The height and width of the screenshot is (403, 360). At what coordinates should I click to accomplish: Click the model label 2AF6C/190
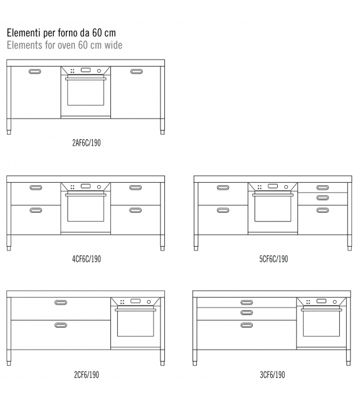86,142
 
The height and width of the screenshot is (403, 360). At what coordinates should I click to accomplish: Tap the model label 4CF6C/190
86,259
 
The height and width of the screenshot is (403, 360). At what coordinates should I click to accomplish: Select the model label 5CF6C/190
273,259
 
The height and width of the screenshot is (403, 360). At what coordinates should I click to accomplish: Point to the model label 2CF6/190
86,375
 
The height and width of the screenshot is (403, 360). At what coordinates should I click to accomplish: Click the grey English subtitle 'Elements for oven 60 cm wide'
64,45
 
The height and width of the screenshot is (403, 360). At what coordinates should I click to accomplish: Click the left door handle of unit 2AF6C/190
36,72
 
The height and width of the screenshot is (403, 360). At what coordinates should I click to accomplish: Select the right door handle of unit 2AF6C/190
136,72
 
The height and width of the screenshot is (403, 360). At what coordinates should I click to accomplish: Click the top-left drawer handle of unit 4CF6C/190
36,187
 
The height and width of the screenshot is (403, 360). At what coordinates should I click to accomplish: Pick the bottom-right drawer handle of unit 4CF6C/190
136,210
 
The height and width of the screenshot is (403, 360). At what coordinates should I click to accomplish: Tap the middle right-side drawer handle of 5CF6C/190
322,198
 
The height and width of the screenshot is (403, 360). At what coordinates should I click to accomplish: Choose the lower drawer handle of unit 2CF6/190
61,325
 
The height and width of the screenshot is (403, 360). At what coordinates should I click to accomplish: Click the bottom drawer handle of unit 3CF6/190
246,325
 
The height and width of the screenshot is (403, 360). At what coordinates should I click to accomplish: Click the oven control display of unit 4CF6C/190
85,186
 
